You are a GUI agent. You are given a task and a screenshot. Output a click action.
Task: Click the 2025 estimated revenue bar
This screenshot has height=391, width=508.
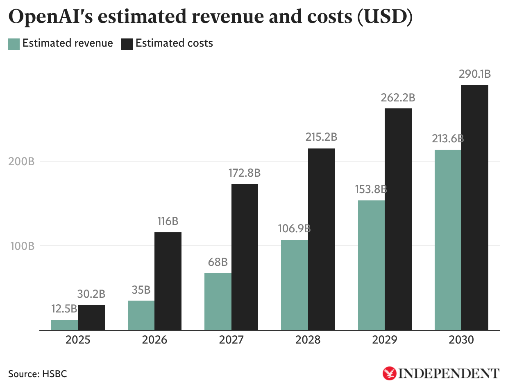64,325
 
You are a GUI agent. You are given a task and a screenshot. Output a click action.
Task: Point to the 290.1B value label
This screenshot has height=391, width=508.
475,74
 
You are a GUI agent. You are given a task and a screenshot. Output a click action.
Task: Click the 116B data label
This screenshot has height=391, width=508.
168,221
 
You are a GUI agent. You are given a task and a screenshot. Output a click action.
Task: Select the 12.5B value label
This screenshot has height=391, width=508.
64,309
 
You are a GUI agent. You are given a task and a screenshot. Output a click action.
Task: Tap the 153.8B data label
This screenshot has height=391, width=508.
371,189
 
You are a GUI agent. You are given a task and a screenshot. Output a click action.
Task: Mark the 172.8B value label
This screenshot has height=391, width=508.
245,173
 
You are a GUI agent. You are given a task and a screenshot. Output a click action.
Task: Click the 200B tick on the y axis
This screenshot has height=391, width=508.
21,161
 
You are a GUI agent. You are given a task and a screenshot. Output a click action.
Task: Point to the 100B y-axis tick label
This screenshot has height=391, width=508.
21,246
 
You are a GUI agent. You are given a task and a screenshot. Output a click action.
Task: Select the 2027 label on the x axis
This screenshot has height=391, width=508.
231,340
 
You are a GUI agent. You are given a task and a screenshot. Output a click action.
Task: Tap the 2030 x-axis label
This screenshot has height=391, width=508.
461,340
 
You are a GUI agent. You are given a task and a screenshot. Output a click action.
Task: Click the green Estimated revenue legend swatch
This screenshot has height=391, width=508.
14,44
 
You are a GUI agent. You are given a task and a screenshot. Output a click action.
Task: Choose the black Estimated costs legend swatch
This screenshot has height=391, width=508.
127,44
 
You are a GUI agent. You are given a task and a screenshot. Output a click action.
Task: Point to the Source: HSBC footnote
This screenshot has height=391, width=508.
37,374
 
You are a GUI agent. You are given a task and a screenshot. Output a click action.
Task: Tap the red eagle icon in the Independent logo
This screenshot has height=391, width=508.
389,373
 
